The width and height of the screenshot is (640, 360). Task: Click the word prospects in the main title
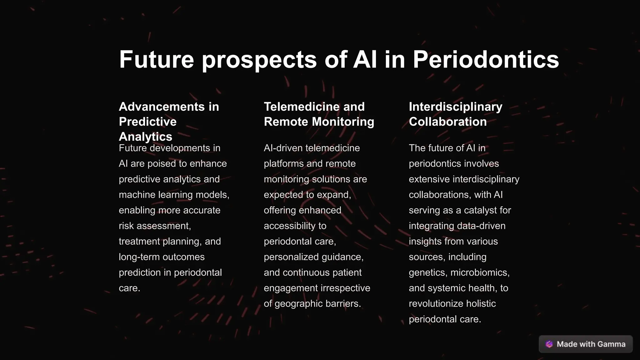(x=259, y=60)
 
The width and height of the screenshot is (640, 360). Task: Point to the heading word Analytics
(x=145, y=137)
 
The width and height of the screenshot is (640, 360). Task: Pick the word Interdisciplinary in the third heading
(x=455, y=107)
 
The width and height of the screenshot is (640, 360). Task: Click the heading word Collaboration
(x=447, y=122)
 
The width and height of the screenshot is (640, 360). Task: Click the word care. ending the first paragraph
(x=129, y=288)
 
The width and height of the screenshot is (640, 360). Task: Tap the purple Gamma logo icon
(x=549, y=344)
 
